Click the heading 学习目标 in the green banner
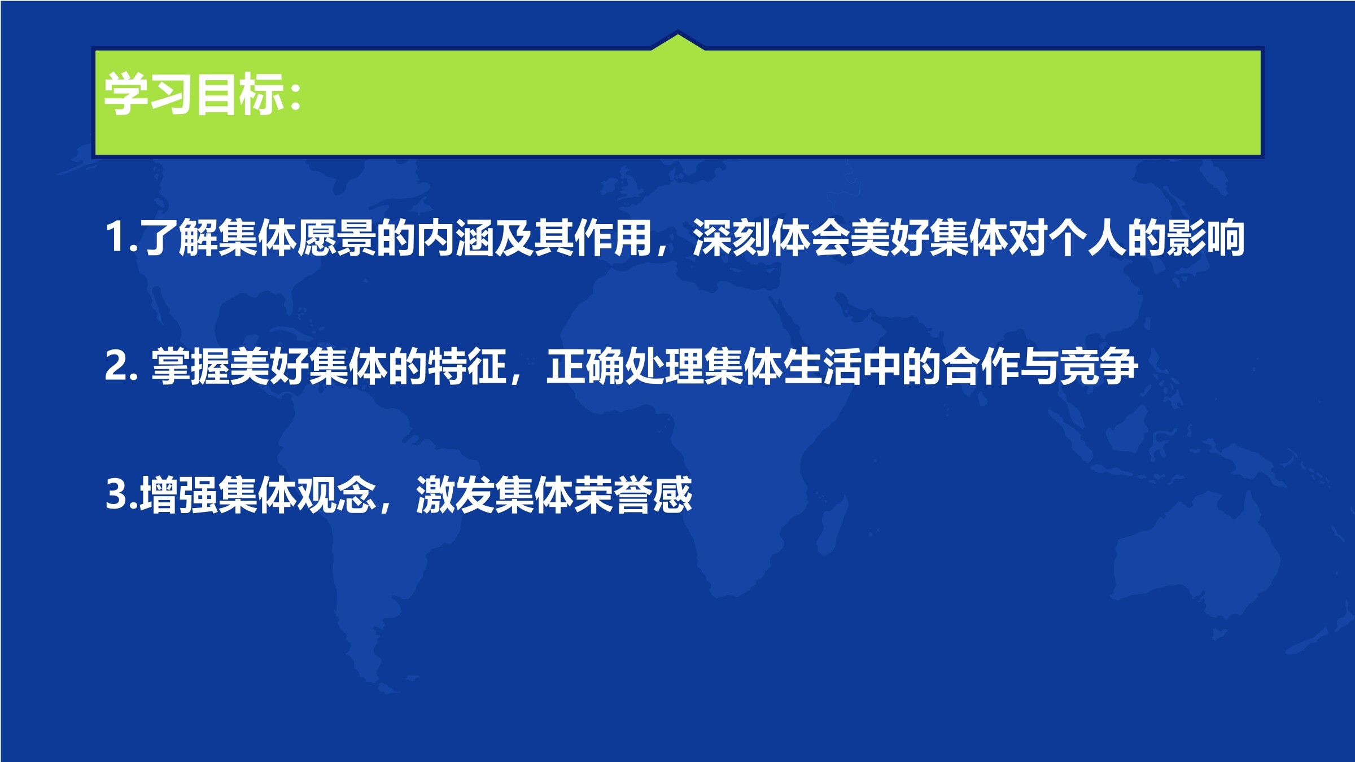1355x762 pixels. tap(194, 94)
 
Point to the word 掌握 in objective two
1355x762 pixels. tap(190, 366)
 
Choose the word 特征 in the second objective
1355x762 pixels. tap(467, 366)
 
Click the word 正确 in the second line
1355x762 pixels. tap(585, 366)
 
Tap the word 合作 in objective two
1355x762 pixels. tap(981, 366)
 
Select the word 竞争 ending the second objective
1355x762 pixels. tap(1099, 366)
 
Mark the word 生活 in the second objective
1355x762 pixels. tap(823, 366)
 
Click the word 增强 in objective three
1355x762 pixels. tap(179, 495)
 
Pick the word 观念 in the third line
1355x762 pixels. tap(337, 495)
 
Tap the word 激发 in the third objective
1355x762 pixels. tap(456, 495)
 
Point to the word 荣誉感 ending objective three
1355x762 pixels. tap(633, 495)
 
